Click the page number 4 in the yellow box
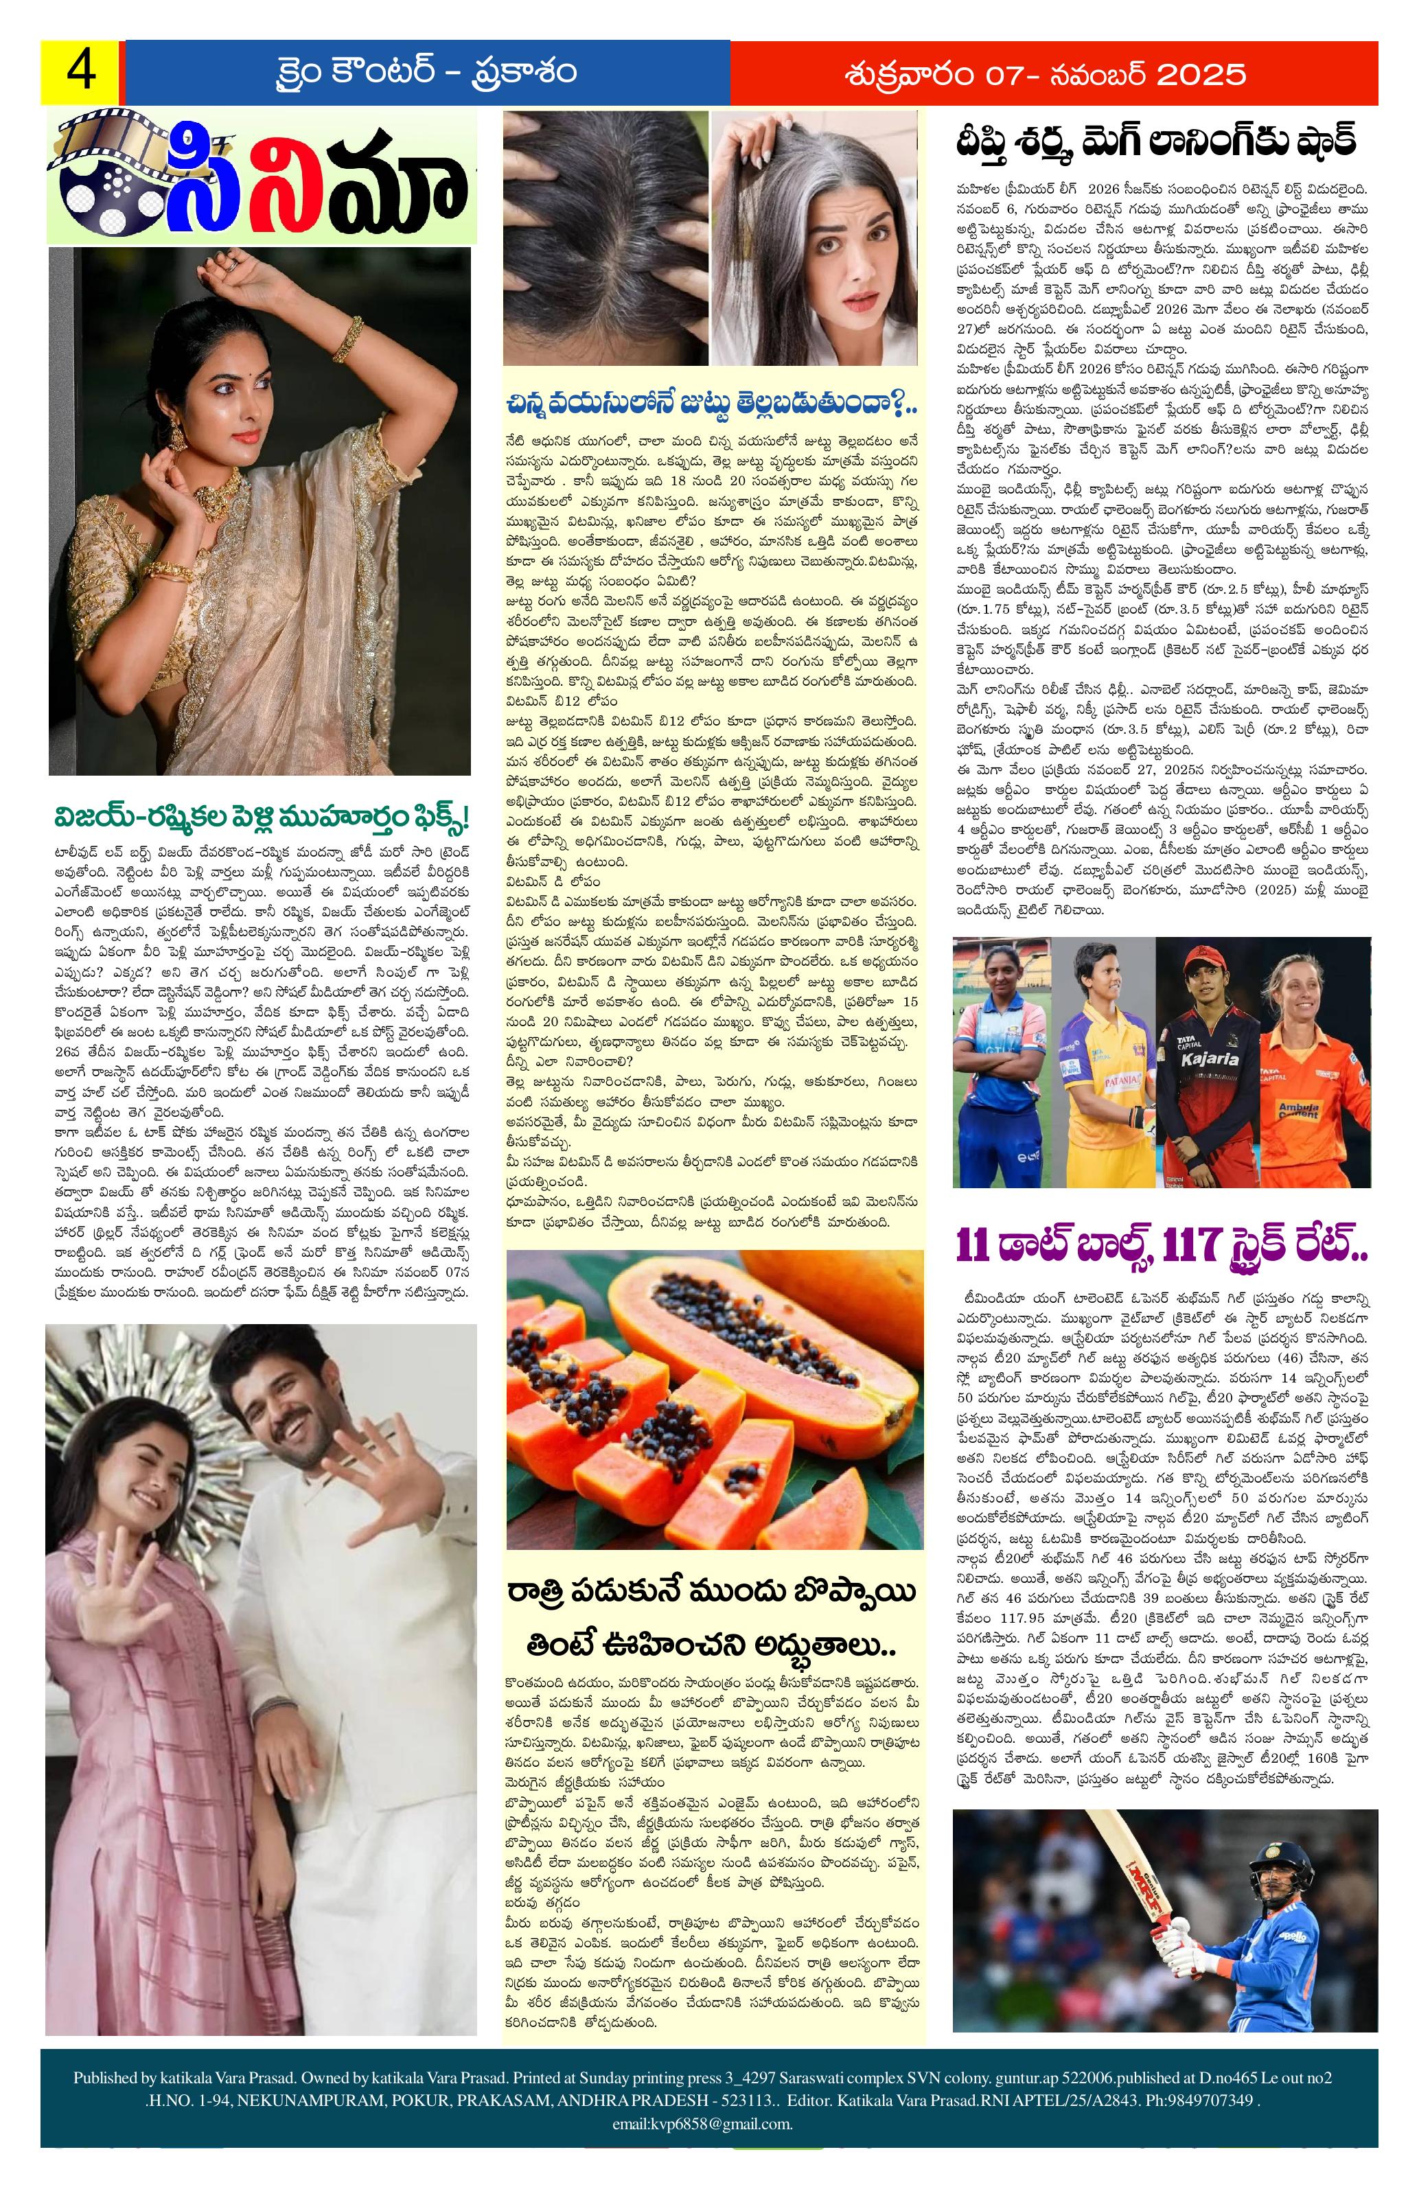[80, 72]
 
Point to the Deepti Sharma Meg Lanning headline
[1155, 143]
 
